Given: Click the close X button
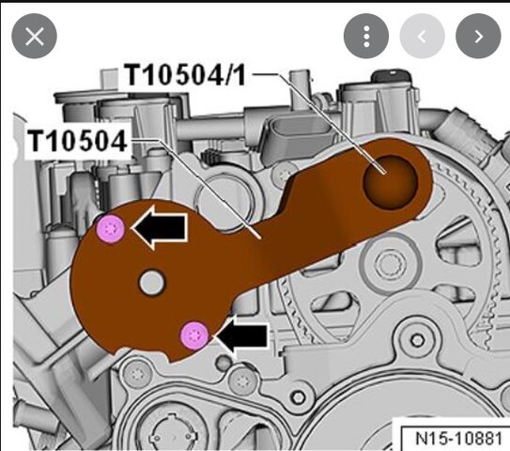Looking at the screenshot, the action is tap(34, 36).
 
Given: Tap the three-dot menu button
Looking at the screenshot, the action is tap(366, 36).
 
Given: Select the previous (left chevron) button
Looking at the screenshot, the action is tap(422, 36).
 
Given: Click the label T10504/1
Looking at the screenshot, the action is tap(185, 75).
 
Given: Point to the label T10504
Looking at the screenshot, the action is tap(77, 141).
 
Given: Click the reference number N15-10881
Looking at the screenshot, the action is tap(458, 438).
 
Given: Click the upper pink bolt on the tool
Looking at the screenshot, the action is tap(111, 228).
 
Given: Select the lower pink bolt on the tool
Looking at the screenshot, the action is tap(194, 335).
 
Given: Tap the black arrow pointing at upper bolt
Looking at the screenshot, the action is tap(160, 227).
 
